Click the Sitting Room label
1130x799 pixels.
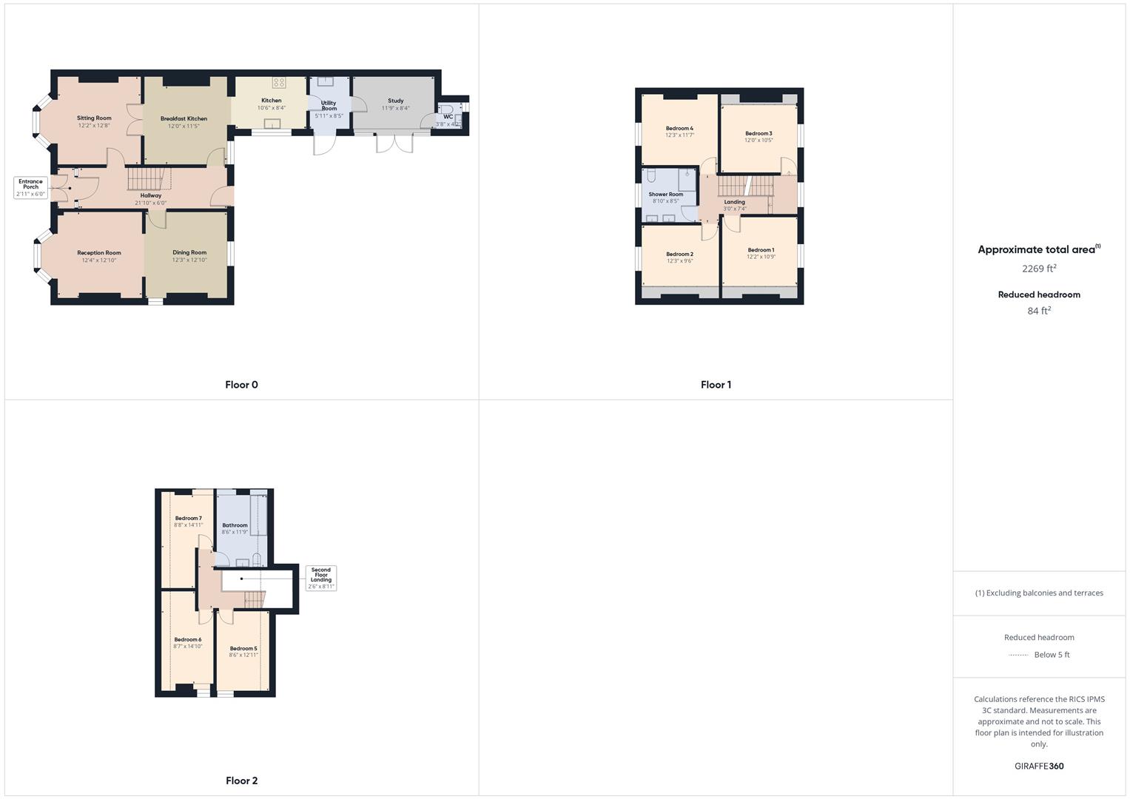(94, 118)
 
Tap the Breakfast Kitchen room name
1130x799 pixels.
(184, 118)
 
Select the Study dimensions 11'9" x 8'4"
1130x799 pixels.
(395, 109)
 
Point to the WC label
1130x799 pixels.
(448, 117)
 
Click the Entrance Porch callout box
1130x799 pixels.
(30, 187)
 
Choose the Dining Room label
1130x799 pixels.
(189, 253)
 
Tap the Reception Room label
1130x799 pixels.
(98, 253)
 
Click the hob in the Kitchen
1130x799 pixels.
(279, 83)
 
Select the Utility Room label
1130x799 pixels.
(329, 106)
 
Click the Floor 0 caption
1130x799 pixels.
(241, 385)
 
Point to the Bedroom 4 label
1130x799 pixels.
(679, 128)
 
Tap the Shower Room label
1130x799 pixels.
(665, 195)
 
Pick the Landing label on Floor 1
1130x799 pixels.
(734, 202)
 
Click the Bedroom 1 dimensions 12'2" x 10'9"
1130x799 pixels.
(760, 257)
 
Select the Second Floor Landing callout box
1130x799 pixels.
(321, 578)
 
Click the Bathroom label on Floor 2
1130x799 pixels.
(235, 525)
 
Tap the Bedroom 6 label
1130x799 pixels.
(187, 639)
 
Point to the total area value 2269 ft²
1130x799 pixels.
(1039, 269)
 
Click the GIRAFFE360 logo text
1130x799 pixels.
(1039, 766)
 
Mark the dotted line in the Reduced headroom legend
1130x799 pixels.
(1018, 655)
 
